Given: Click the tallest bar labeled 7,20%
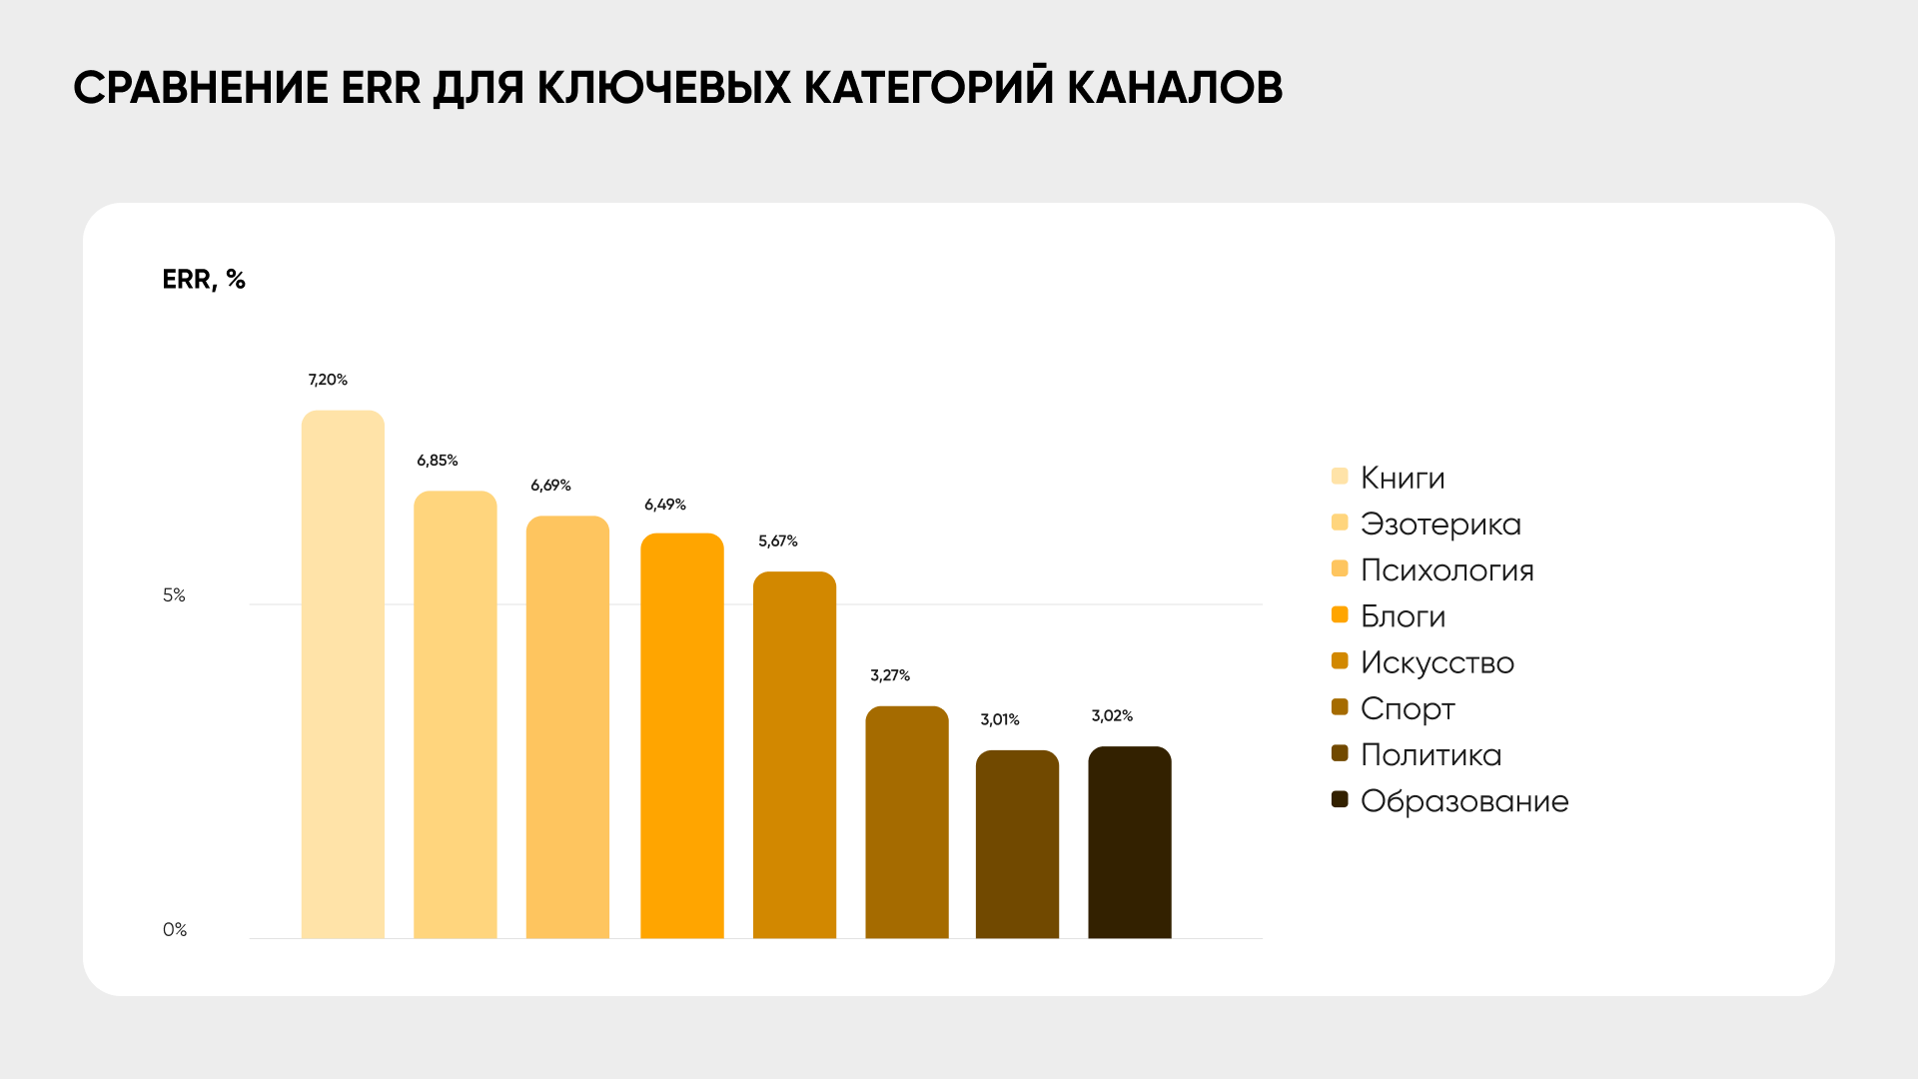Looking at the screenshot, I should (343, 674).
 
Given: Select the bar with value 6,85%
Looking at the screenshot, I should (455, 714).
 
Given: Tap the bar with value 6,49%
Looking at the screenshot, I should (681, 735).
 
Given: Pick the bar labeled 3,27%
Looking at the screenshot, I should (906, 822).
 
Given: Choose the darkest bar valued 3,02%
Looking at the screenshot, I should (1129, 842).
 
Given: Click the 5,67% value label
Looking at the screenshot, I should (777, 541).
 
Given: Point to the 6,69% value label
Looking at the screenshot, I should (550, 486).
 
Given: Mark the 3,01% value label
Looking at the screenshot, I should (999, 719).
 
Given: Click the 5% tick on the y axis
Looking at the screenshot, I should (174, 595).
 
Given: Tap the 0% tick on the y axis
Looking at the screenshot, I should (174, 930).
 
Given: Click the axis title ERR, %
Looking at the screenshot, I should (204, 280).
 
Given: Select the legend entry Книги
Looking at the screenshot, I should (1402, 478).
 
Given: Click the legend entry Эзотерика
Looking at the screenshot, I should (1439, 524).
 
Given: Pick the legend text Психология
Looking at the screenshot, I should (1446, 570).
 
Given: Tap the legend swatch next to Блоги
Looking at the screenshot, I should (1340, 614).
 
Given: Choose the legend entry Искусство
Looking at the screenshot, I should (1437, 662).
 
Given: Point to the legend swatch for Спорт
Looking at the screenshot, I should (1340, 707).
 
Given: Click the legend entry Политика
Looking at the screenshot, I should (1431, 755).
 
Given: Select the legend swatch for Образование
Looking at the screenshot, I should (1340, 799).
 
